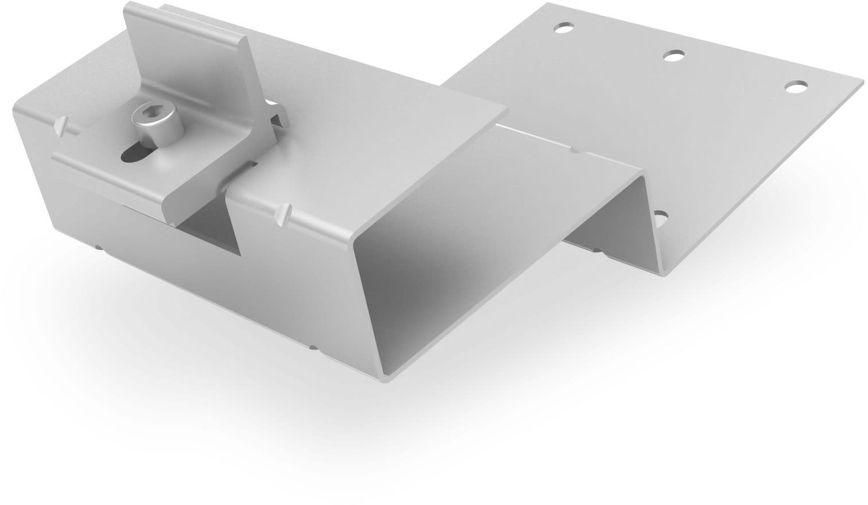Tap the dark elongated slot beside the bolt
pyautogui.click(x=136, y=154)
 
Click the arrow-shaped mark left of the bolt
pyautogui.click(x=61, y=125)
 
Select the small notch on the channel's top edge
pyautogui.click(x=575, y=150)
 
